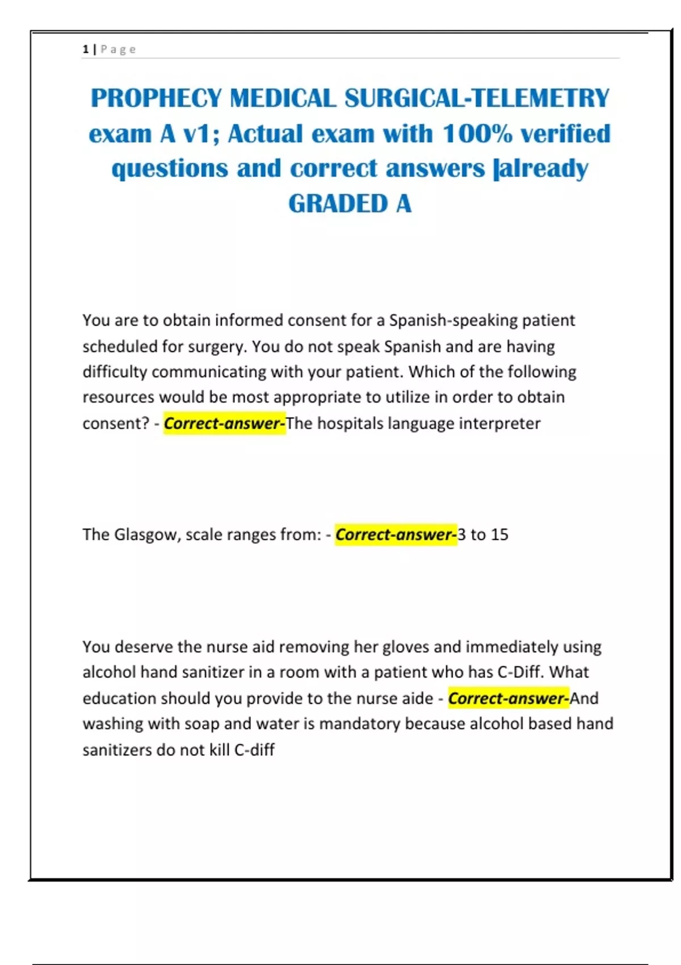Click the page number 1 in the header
coord(86,49)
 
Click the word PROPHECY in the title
coord(156,98)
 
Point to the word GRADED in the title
coord(338,204)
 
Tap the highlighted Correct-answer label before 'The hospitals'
coord(224,423)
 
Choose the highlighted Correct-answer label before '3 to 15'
coord(396,535)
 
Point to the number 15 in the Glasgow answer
coord(499,535)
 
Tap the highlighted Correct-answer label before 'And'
coord(508,699)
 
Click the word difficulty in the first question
coord(115,372)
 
